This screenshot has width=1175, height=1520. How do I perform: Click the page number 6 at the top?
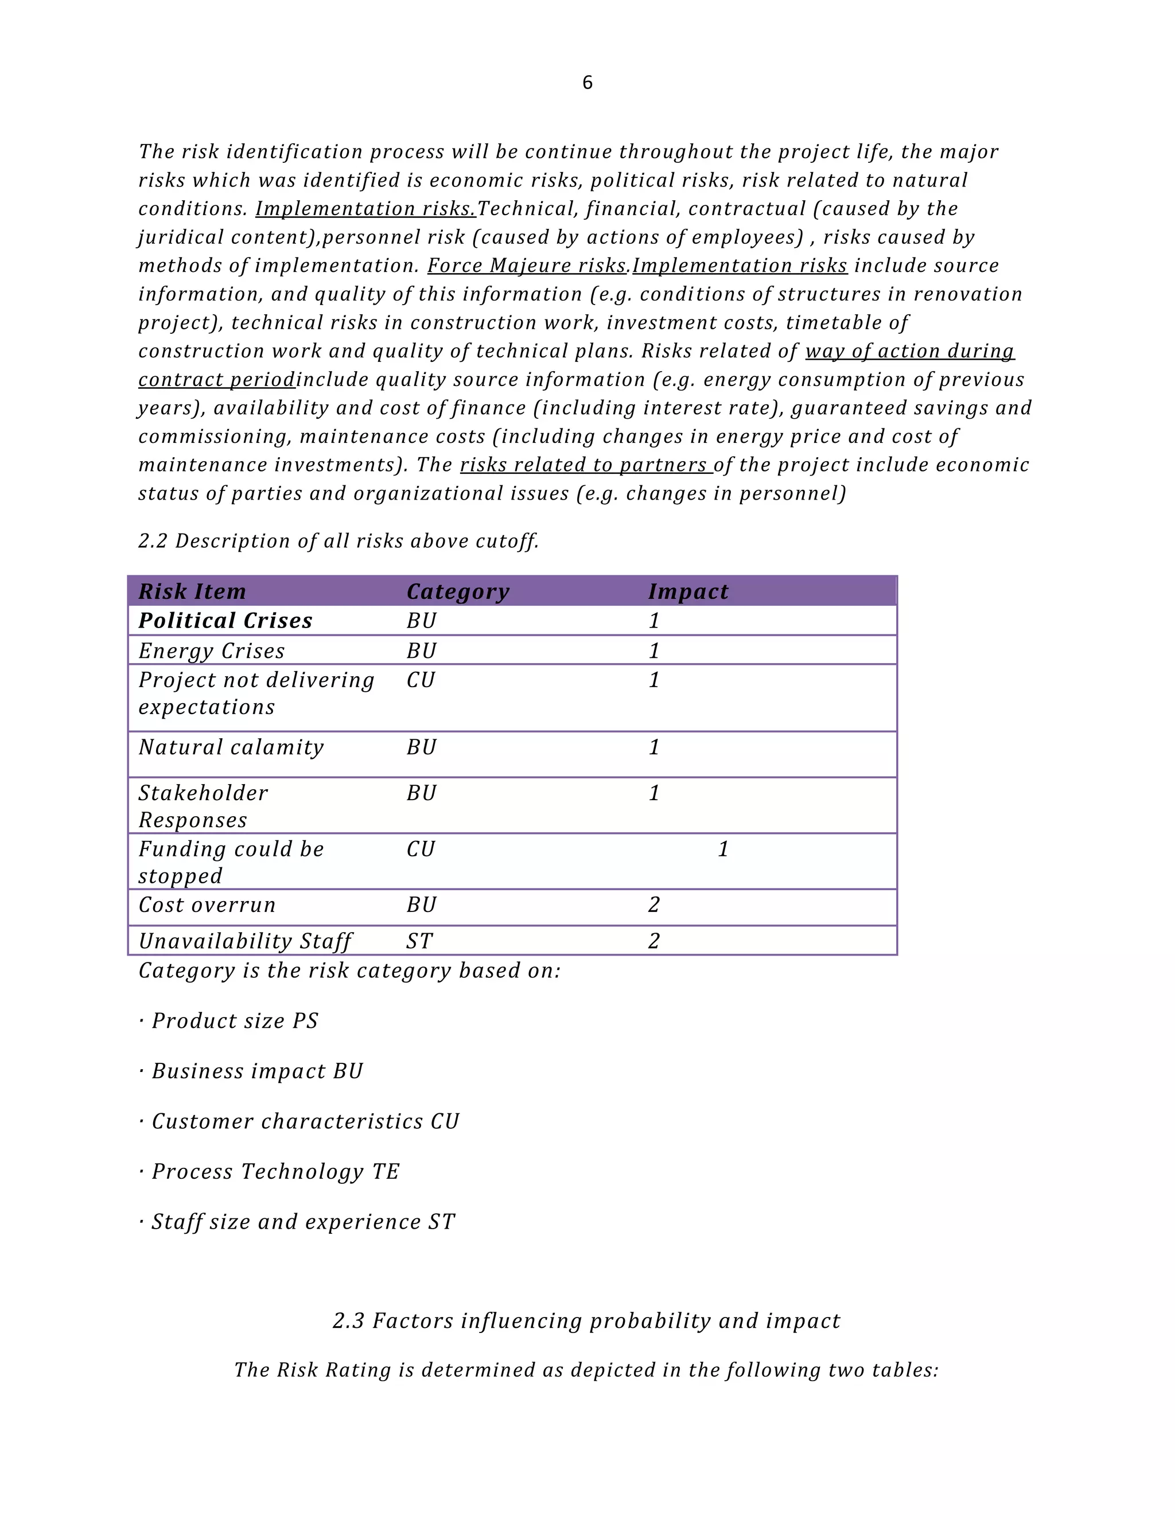click(x=587, y=83)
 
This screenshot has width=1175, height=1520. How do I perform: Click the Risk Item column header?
click(x=192, y=591)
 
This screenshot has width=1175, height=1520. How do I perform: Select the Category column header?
click(x=457, y=591)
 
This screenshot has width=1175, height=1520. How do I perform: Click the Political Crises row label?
click(x=225, y=621)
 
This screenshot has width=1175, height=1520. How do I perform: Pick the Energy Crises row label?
click(x=212, y=651)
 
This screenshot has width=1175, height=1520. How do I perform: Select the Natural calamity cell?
click(x=231, y=747)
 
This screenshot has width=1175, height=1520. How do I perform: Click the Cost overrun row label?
click(x=207, y=905)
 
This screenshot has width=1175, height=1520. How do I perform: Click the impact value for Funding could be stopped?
click(x=722, y=849)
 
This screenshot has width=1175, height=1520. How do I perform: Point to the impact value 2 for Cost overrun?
click(x=653, y=905)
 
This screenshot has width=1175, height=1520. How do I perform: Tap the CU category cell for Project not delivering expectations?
click(x=421, y=680)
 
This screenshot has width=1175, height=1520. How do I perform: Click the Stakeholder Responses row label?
click(x=203, y=806)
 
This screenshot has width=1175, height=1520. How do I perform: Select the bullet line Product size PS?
click(x=228, y=1021)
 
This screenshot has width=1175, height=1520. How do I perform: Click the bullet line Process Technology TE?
click(x=269, y=1171)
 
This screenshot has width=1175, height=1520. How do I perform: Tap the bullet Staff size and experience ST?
click(x=297, y=1221)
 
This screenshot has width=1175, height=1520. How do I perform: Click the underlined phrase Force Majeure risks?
click(x=527, y=266)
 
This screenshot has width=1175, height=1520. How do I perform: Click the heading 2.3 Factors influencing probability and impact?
click(x=586, y=1320)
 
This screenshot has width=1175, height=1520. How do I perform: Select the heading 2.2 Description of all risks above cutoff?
click(x=339, y=541)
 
